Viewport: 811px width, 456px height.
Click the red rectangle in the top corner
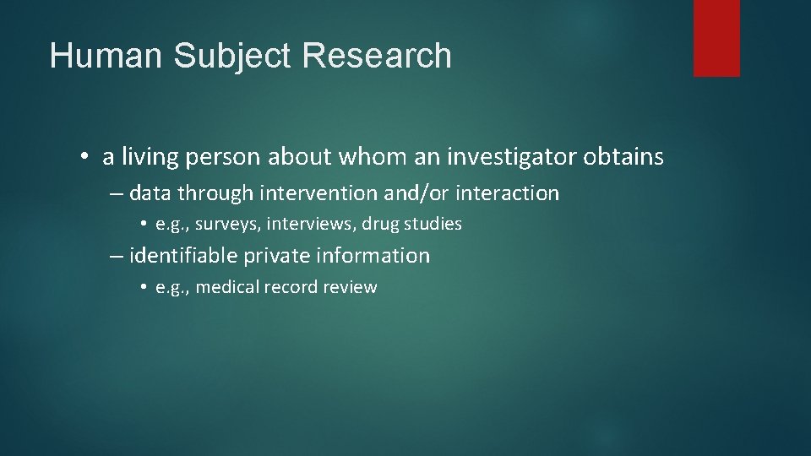click(716, 38)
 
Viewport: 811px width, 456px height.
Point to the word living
click(150, 157)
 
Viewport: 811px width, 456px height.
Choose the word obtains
click(623, 157)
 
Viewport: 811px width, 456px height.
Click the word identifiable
click(185, 256)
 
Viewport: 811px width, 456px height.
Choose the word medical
click(228, 287)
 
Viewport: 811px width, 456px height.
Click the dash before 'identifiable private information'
click(117, 256)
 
